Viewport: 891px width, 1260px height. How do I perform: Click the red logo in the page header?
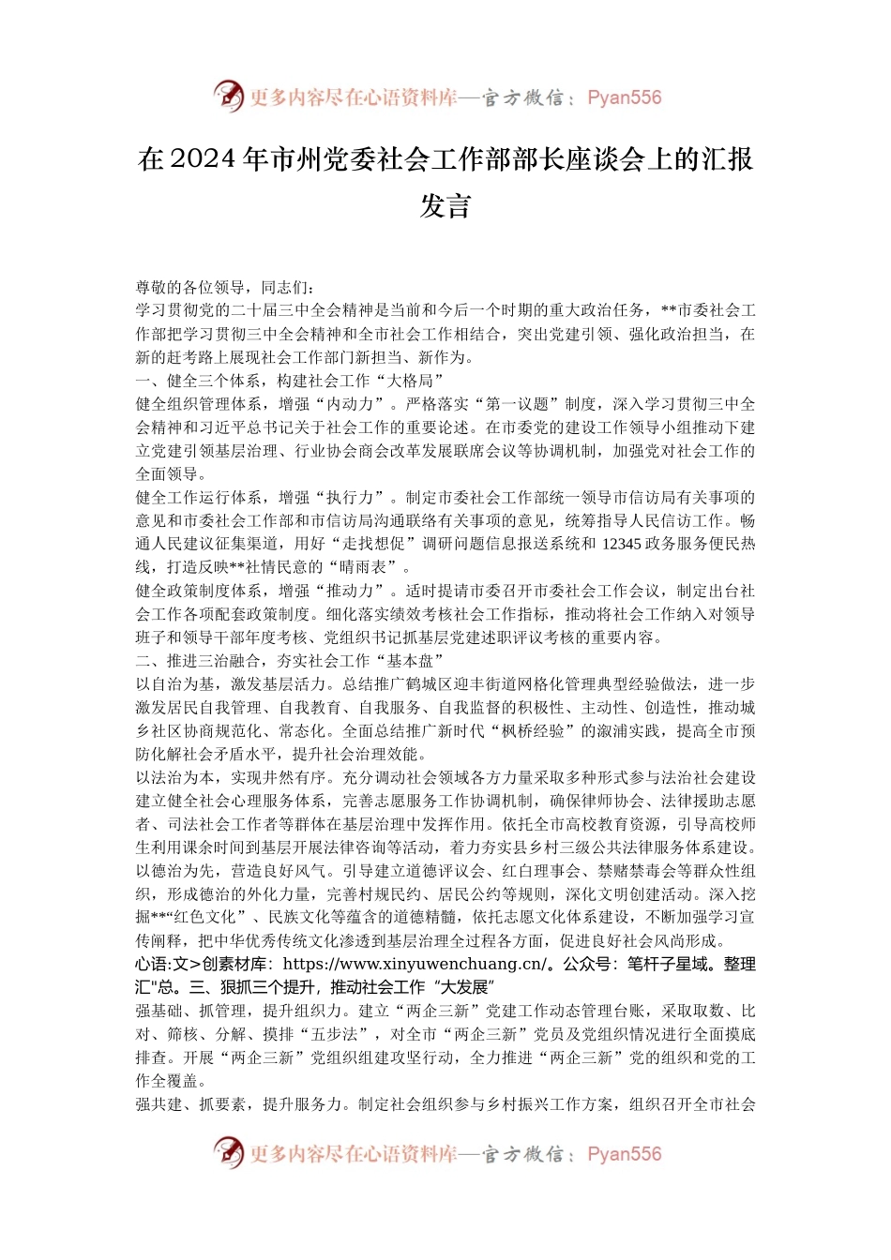(x=228, y=96)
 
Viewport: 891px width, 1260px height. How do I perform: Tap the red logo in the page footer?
(x=228, y=1152)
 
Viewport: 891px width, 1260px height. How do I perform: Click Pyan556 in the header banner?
(x=624, y=97)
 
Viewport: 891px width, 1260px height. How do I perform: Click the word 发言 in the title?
(x=445, y=206)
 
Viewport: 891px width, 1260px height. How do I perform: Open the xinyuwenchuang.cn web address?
(x=414, y=964)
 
